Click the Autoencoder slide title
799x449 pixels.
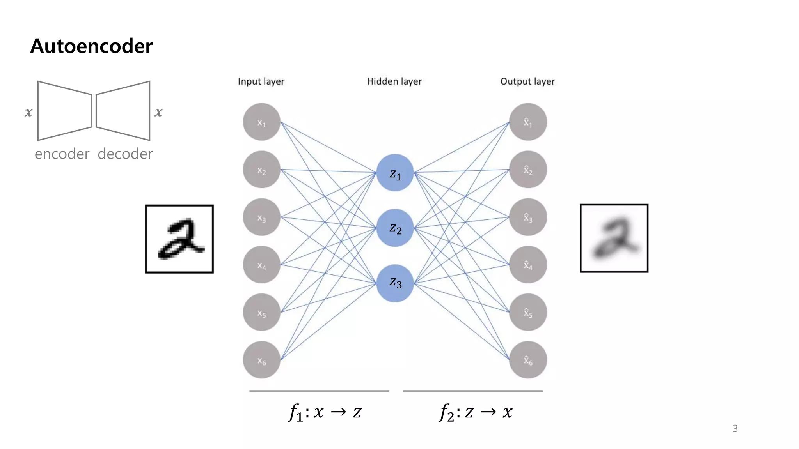(x=91, y=46)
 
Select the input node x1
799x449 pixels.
(x=261, y=122)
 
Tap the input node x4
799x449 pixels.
(x=261, y=265)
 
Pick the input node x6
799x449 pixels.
(x=261, y=360)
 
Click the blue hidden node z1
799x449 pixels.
(x=395, y=173)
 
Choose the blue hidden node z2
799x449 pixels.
(x=395, y=228)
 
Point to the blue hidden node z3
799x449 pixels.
(x=395, y=283)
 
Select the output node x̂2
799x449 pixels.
(x=528, y=170)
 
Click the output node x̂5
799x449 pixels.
(x=528, y=312)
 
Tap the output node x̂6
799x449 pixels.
(x=528, y=360)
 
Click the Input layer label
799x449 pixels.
(x=261, y=81)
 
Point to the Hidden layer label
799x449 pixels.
(x=394, y=81)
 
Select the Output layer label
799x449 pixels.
(x=527, y=81)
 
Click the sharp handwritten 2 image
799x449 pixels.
(x=179, y=239)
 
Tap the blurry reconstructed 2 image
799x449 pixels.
(x=614, y=238)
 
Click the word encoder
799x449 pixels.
(x=62, y=154)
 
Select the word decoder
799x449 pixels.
(x=125, y=154)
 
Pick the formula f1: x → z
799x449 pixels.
(x=325, y=412)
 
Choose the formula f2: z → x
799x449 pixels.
(x=476, y=412)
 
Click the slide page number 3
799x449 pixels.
(x=735, y=429)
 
